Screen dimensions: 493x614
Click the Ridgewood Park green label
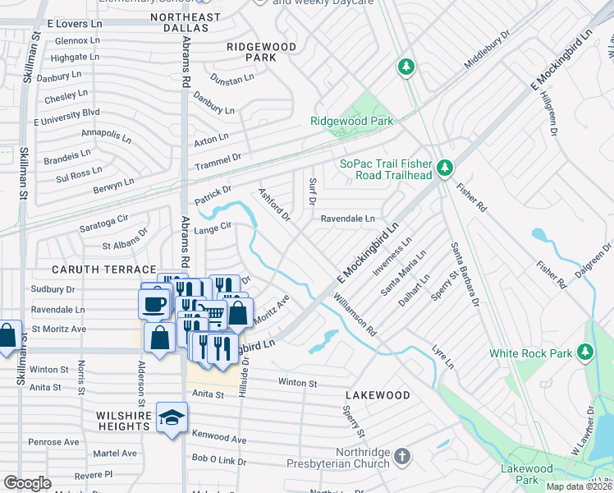click(x=351, y=121)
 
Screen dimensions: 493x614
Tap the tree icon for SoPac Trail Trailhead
click(x=445, y=168)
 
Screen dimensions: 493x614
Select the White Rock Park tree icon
click(x=584, y=352)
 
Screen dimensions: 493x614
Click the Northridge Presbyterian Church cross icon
click(x=401, y=456)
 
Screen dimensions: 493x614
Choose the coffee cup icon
click(x=153, y=304)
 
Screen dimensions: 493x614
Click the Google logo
click(x=27, y=483)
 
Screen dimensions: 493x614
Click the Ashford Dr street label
click(x=275, y=204)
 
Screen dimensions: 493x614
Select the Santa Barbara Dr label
click(x=464, y=274)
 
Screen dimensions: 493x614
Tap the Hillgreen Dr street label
click(x=548, y=113)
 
